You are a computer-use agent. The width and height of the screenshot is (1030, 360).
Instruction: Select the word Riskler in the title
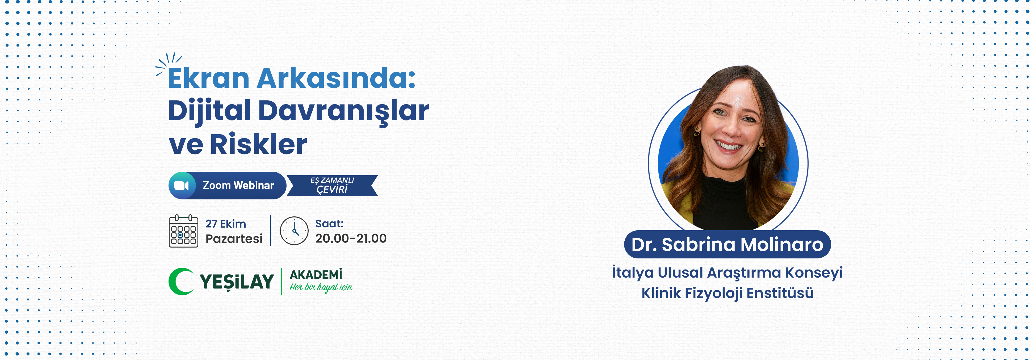258,144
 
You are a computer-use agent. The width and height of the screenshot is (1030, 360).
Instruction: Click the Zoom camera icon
182,186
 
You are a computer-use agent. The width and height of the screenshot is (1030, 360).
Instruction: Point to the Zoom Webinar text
238,185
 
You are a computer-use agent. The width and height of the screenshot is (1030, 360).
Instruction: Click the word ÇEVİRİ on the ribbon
332,189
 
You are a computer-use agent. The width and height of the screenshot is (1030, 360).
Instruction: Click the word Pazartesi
234,239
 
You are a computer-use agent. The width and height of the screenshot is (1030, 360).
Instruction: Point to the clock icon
294,231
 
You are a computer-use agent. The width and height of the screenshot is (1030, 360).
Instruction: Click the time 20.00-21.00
351,238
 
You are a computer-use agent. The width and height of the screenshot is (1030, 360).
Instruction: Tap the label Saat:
329,224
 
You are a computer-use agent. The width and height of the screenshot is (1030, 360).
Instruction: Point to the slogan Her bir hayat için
321,287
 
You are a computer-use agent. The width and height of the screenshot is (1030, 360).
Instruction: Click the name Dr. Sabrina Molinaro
727,244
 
